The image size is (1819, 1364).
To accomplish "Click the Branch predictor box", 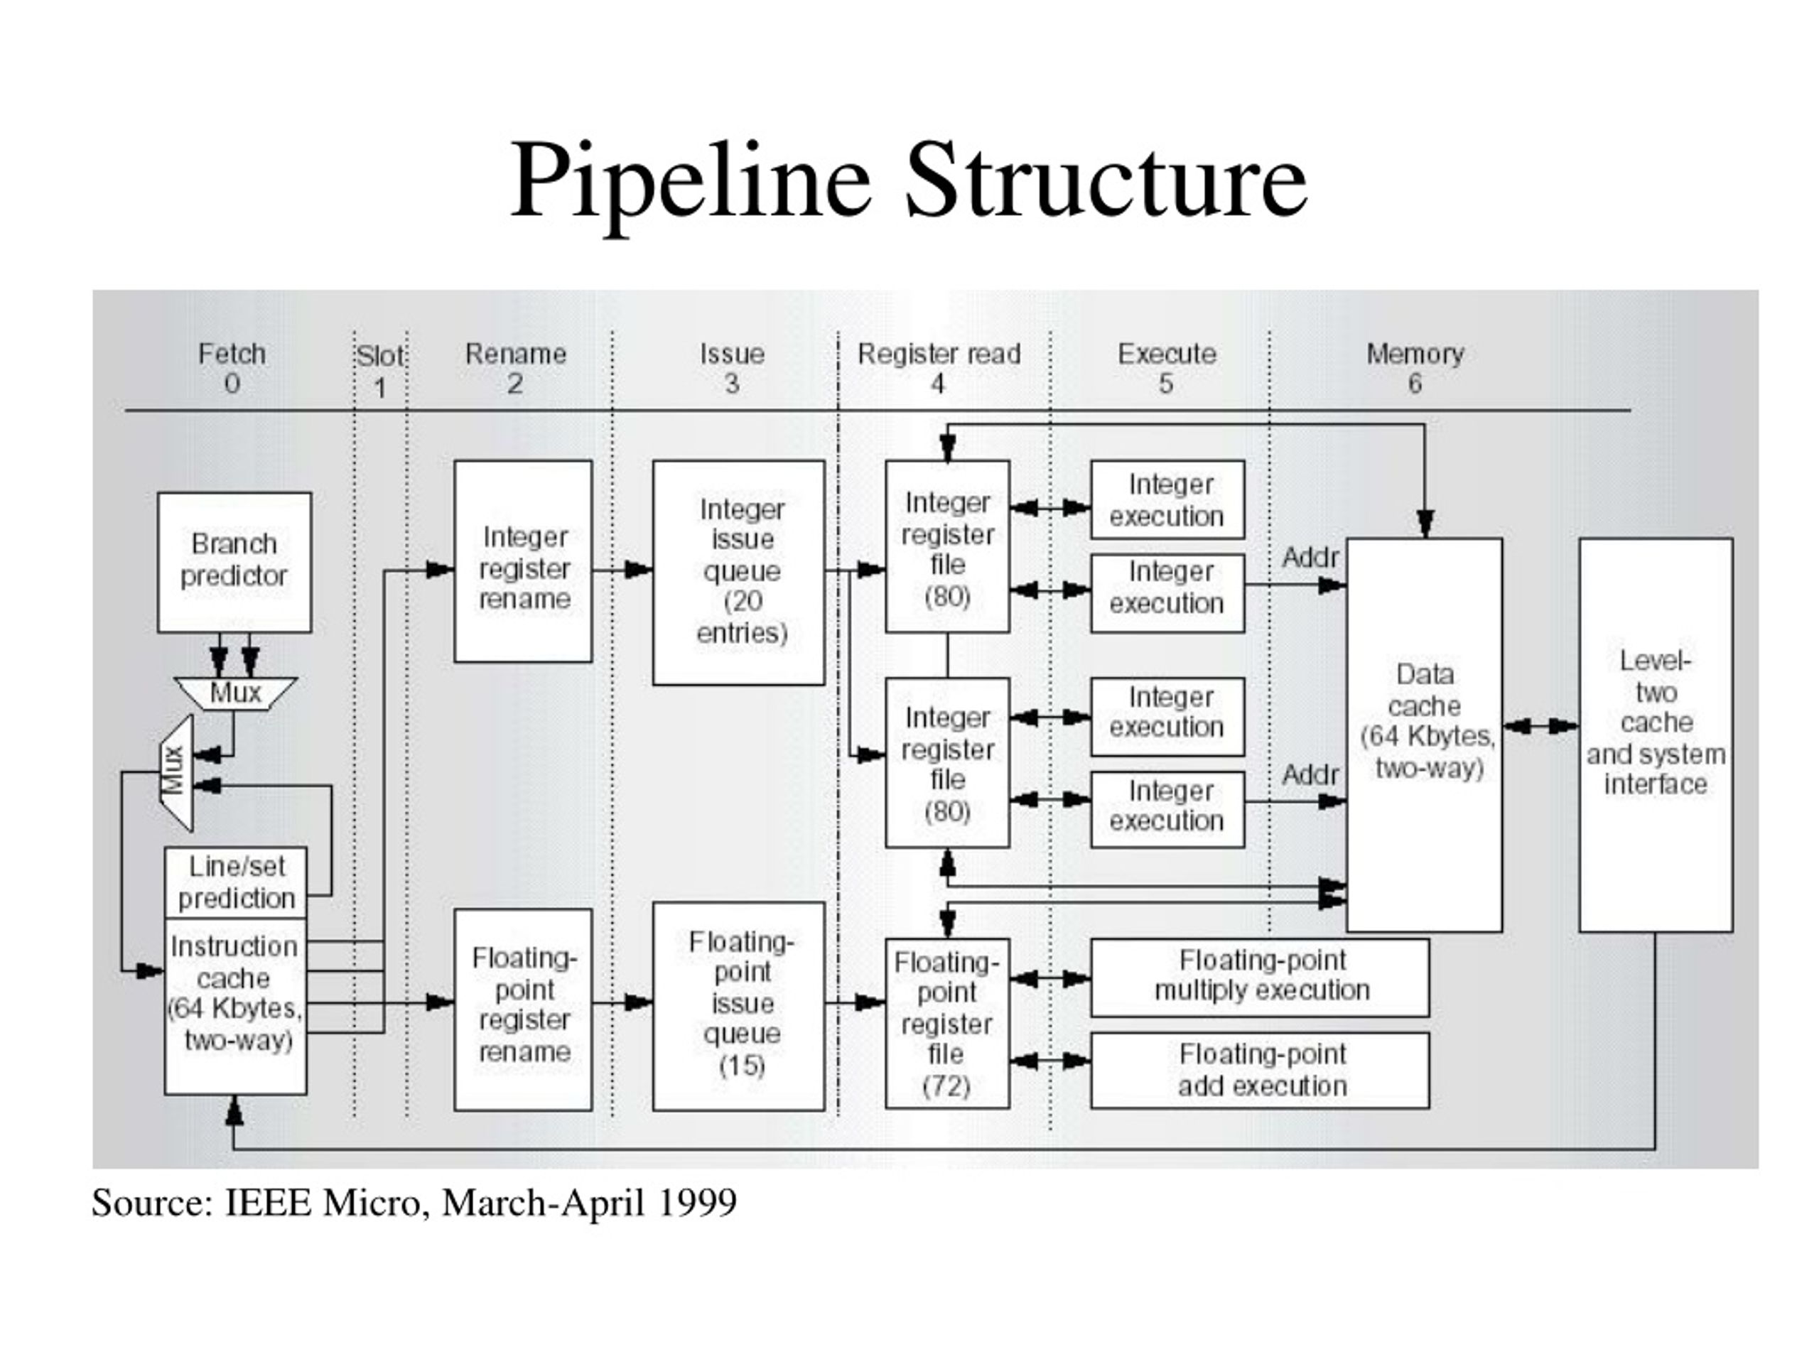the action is coord(234,563).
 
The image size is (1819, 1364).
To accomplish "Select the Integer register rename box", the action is coord(523,561).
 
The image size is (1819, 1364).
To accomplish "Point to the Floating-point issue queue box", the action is coord(738,1007).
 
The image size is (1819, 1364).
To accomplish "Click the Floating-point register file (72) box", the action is coord(947,1023).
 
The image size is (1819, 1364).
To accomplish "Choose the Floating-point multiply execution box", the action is coord(1260,978).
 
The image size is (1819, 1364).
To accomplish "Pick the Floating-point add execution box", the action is coord(1260,1071).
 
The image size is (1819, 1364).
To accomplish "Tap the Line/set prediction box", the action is coord(236,882).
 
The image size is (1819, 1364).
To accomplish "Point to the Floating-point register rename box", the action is coord(523,1010).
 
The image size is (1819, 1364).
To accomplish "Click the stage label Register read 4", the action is coord(939,368).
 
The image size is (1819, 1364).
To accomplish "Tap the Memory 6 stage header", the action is coord(1415,368).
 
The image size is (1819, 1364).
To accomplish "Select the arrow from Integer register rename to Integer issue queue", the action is coord(622,569).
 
